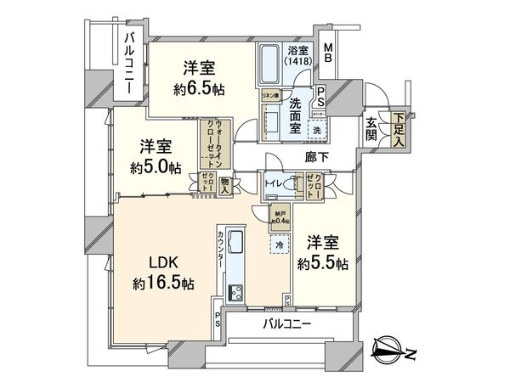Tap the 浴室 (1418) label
[x=298, y=56]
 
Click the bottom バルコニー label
[x=287, y=325]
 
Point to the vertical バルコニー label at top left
[x=130, y=63]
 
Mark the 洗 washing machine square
[x=314, y=130]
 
